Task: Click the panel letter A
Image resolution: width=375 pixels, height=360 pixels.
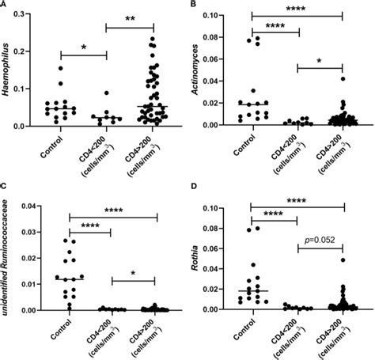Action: (5, 5)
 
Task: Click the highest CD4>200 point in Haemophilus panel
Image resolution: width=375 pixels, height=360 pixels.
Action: (153, 38)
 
